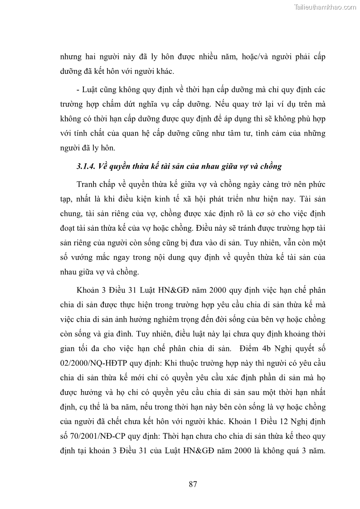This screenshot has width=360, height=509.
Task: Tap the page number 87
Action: (193, 484)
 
